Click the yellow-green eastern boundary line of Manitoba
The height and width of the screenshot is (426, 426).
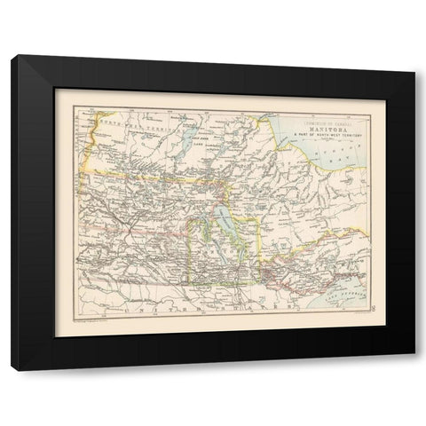pyautogui.click(x=259, y=248)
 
